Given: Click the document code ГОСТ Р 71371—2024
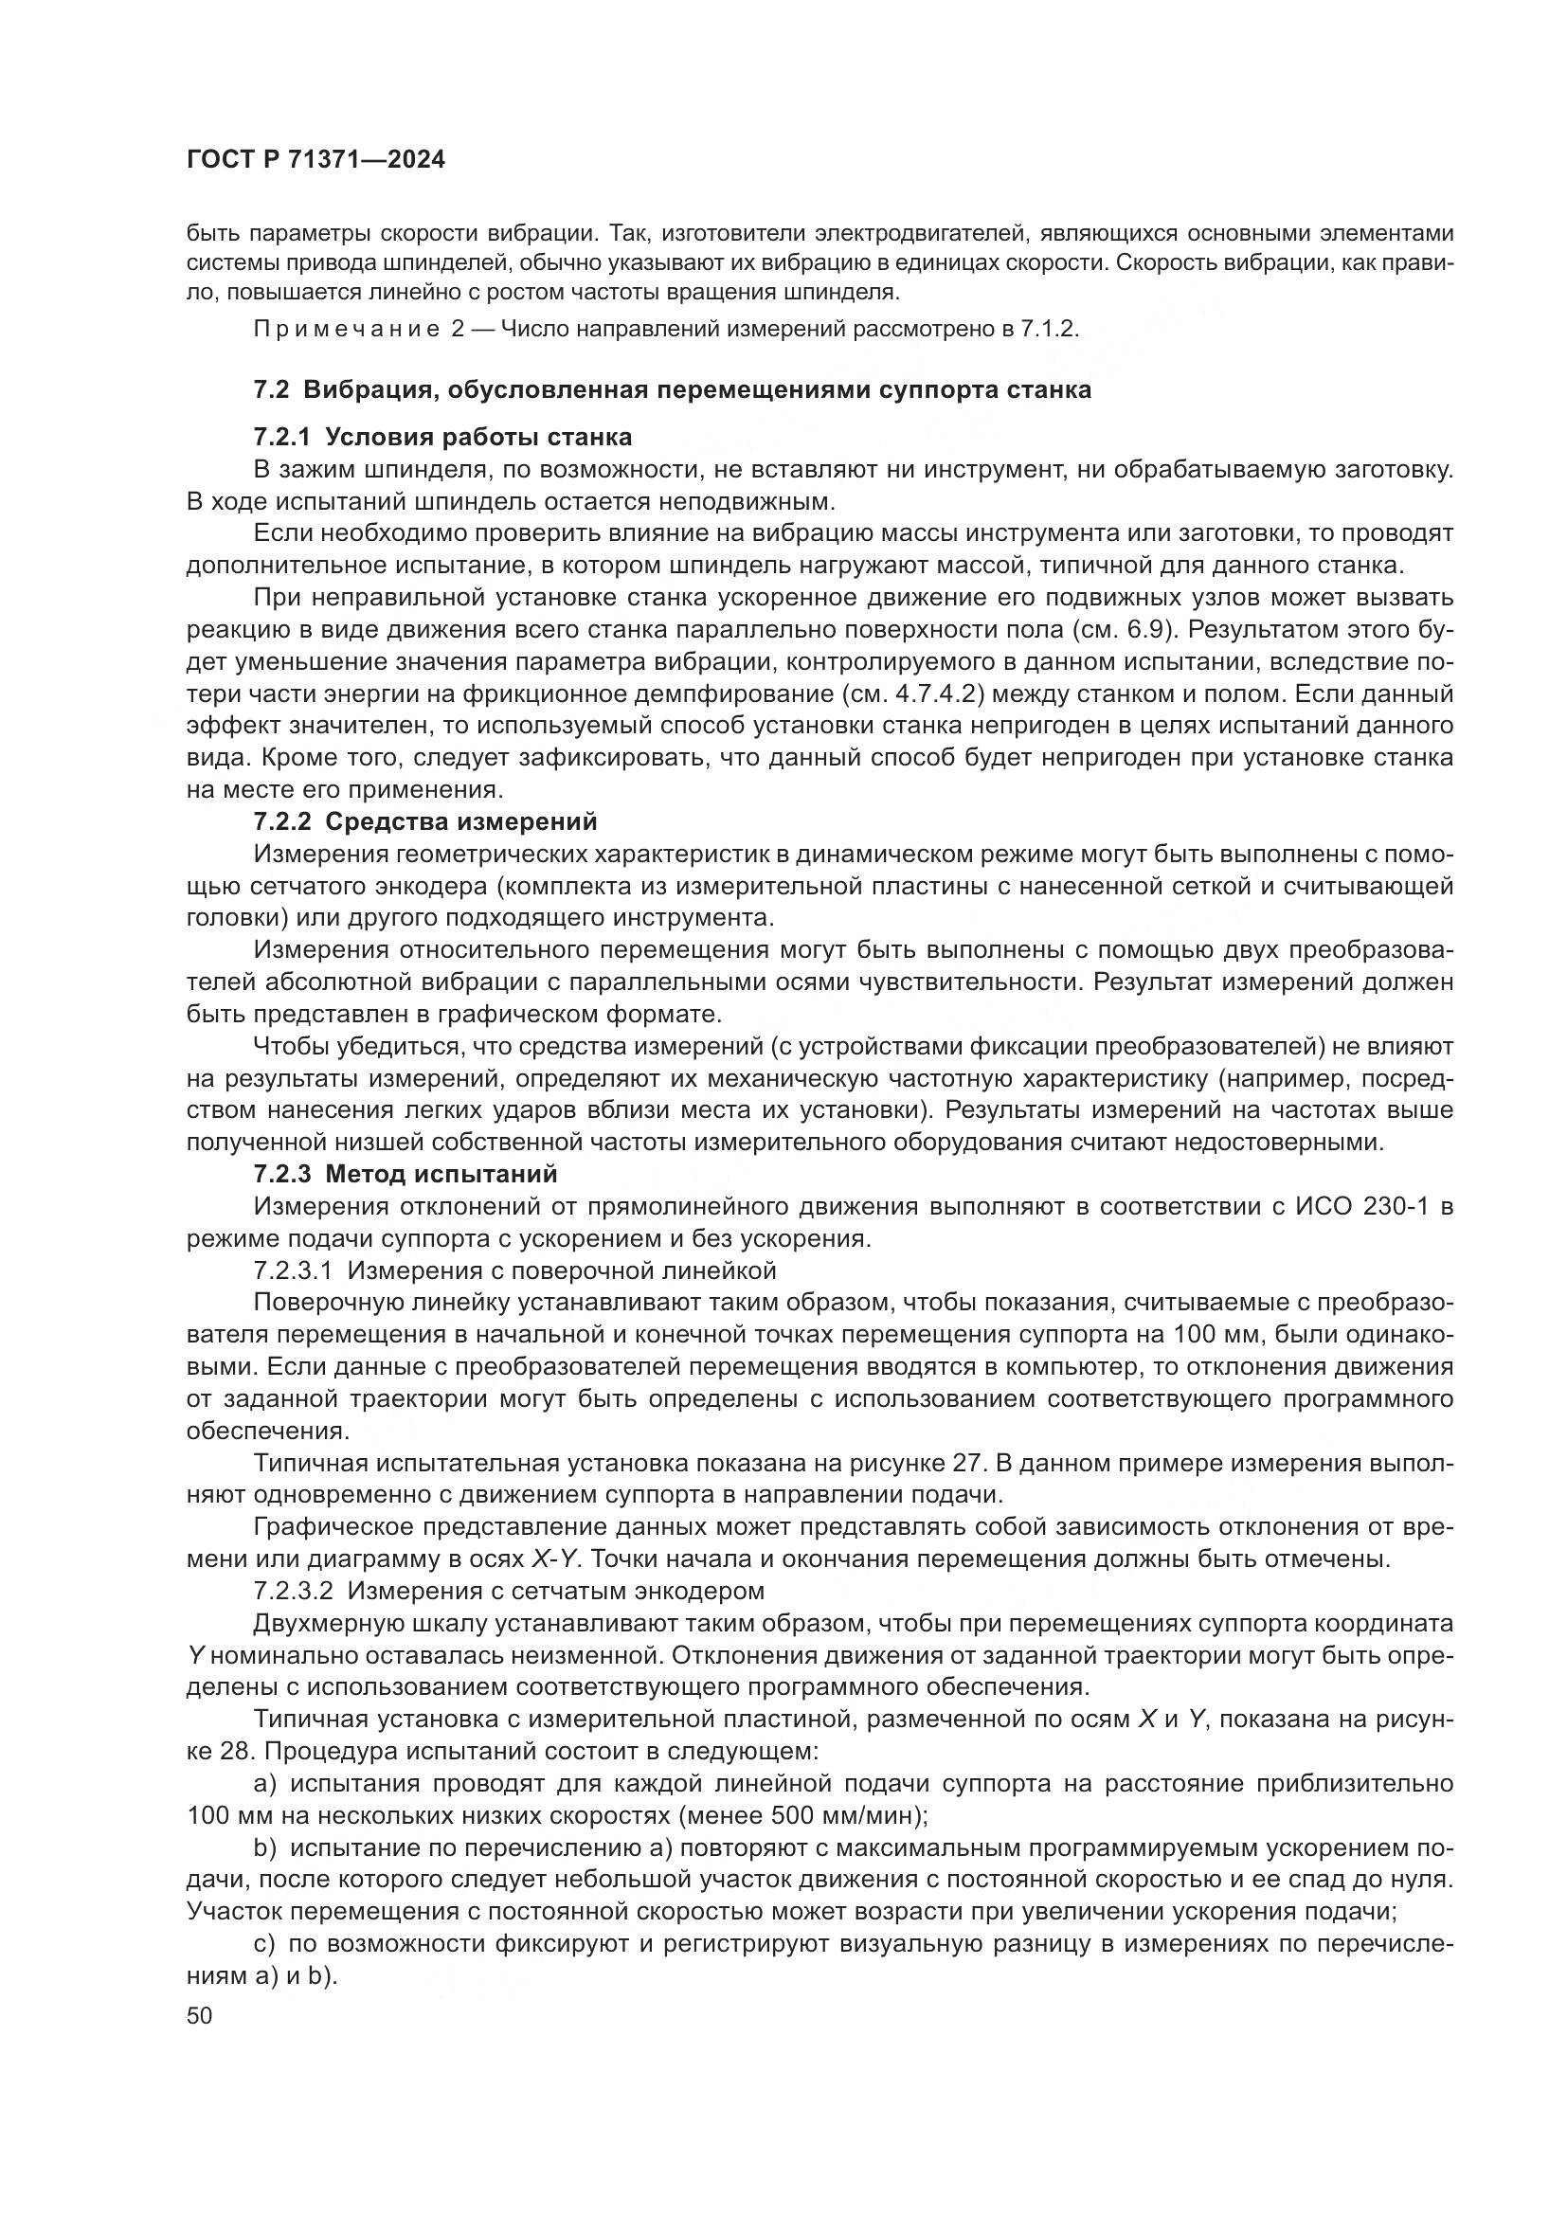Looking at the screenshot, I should pyautogui.click(x=315, y=160).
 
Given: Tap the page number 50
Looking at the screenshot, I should pyautogui.click(x=200, y=2015).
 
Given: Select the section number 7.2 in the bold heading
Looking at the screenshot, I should pyautogui.click(x=271, y=390).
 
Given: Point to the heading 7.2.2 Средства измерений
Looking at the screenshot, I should pyautogui.click(x=424, y=821).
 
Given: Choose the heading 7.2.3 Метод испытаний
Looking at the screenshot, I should pyautogui.click(x=405, y=1175).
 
